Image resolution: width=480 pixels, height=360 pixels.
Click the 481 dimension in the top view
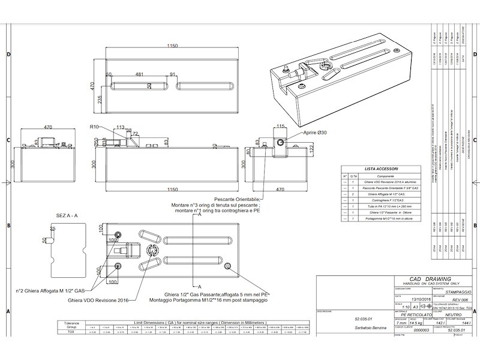(139, 74)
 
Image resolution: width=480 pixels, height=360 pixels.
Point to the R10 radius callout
(94, 127)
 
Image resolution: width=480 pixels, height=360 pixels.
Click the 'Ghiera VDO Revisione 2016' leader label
(98, 300)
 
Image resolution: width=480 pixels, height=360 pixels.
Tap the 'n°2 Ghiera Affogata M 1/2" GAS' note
(55, 290)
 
